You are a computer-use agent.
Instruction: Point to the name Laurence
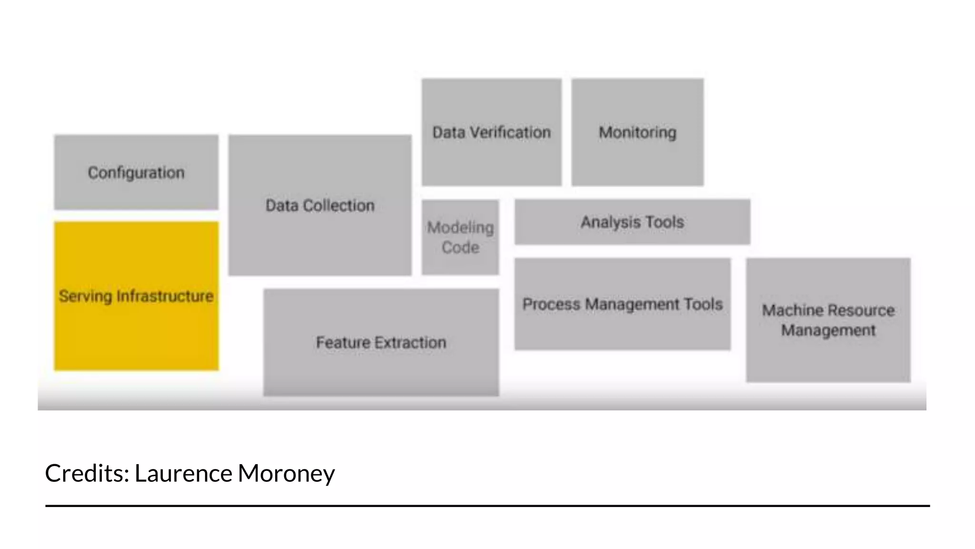[x=183, y=473]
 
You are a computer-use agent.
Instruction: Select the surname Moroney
[x=286, y=473]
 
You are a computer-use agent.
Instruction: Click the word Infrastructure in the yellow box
[x=165, y=296]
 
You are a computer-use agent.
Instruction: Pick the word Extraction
[x=410, y=342]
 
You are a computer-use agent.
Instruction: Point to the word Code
[x=460, y=247]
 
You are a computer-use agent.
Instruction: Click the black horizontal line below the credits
[x=487, y=506]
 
